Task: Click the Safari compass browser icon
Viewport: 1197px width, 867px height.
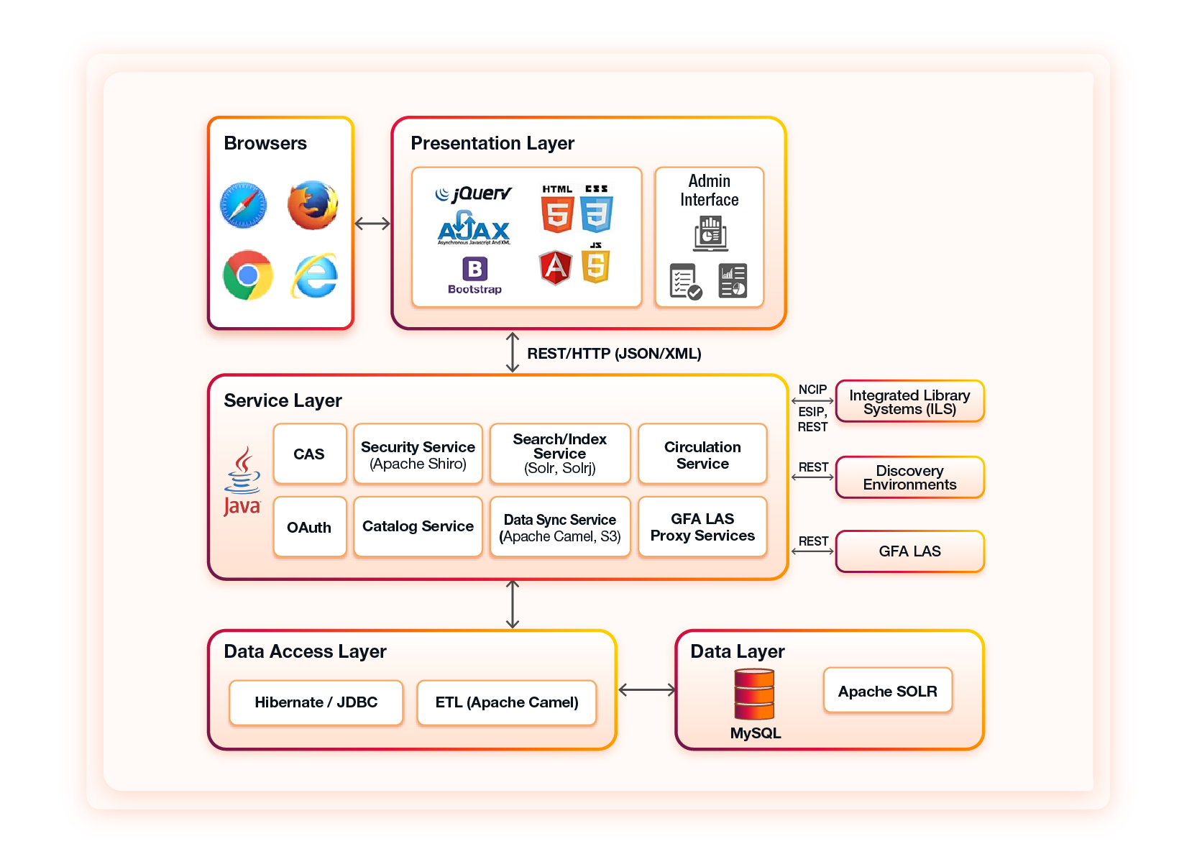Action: [243, 206]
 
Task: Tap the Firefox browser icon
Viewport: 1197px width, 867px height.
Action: [313, 206]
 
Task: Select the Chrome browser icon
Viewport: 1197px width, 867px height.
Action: [247, 275]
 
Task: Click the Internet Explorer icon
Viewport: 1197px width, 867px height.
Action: [315, 276]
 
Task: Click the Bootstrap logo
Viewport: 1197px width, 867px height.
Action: [474, 275]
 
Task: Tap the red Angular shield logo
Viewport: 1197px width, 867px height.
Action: [555, 267]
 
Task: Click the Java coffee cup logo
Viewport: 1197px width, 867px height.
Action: [242, 480]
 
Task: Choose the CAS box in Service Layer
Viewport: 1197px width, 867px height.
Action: [309, 454]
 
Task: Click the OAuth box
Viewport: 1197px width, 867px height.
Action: [309, 528]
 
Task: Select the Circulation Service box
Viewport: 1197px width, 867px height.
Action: [702, 454]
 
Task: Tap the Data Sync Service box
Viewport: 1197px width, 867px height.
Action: [559, 528]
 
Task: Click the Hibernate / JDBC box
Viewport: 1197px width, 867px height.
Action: [316, 702]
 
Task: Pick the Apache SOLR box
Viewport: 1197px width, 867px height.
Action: [887, 691]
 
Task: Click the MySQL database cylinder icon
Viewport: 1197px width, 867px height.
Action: [754, 694]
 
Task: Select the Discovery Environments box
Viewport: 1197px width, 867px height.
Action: [909, 477]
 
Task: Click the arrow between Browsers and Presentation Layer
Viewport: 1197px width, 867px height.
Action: [372, 224]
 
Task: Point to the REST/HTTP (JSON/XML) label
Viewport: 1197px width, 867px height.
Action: [614, 354]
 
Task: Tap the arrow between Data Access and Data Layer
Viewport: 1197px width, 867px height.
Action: [646, 690]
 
